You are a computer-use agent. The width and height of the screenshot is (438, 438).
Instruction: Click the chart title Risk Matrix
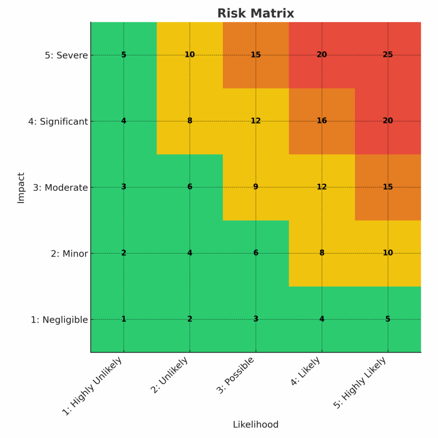tap(255, 13)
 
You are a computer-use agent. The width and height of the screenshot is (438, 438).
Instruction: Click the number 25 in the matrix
tap(388, 55)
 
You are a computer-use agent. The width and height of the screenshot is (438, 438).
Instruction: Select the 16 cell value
tap(322, 121)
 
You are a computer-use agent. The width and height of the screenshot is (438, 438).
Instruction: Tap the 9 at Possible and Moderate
tap(256, 187)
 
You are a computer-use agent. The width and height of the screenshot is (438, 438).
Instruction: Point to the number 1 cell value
tap(124, 319)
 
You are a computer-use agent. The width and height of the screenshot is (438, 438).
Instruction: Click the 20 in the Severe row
tap(322, 55)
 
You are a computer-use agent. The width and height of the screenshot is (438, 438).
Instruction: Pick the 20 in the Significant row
tap(388, 121)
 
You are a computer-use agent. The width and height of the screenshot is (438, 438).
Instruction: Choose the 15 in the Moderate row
tap(388, 187)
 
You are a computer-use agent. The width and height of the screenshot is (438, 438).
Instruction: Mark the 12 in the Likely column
tap(322, 187)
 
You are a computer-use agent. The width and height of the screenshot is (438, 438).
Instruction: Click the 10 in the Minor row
tap(388, 253)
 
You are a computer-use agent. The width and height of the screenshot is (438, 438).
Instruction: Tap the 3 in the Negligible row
tap(256, 319)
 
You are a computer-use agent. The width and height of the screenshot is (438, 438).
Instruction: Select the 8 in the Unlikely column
tap(189, 121)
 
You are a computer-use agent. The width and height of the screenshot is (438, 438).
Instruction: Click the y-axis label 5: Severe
tap(66, 55)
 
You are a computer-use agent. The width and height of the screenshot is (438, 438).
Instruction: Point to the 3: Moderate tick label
tap(60, 187)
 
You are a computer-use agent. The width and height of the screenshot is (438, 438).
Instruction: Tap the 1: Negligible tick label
tap(59, 320)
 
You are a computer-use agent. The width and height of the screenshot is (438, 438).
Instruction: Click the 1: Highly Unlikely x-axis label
tap(92, 386)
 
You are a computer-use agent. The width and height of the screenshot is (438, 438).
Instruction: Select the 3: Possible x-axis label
tap(235, 375)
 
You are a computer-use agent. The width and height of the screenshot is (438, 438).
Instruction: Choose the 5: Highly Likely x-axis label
tap(360, 383)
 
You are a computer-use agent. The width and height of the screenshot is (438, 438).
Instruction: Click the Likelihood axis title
tap(255, 425)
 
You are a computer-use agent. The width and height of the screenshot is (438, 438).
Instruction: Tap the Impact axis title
tap(21, 187)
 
